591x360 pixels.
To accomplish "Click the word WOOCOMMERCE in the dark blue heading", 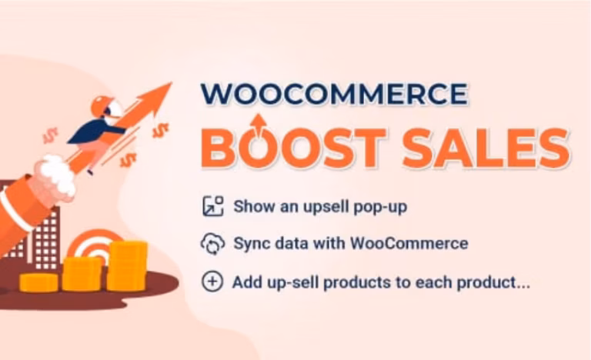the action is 334,94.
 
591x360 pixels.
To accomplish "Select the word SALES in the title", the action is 486,148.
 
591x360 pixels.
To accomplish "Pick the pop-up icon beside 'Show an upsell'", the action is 213,206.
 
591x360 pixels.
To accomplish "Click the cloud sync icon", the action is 212,244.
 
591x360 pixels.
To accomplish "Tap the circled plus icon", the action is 212,282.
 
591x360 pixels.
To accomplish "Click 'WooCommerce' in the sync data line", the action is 409,243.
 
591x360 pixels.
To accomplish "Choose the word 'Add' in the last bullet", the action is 247,282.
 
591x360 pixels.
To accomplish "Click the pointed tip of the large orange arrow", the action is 172,82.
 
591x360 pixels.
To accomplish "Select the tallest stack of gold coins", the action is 127,266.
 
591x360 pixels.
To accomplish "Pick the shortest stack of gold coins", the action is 38,282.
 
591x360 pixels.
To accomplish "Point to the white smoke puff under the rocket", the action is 57,176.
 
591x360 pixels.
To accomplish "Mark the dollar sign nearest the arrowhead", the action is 160,131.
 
